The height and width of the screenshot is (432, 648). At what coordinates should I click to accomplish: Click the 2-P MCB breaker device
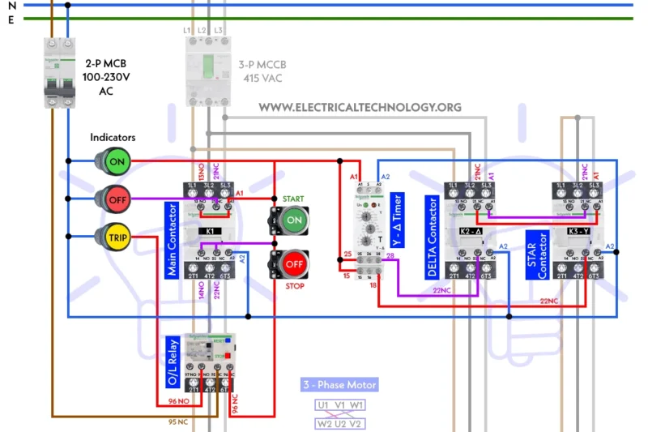coord(56,73)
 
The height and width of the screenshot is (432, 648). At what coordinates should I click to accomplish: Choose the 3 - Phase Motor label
coord(339,384)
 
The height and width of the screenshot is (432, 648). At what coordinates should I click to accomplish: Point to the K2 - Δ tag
coord(471,231)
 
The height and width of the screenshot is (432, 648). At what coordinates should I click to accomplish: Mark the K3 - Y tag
coord(578,231)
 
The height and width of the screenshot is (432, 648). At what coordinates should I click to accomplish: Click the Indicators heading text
coord(113,138)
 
